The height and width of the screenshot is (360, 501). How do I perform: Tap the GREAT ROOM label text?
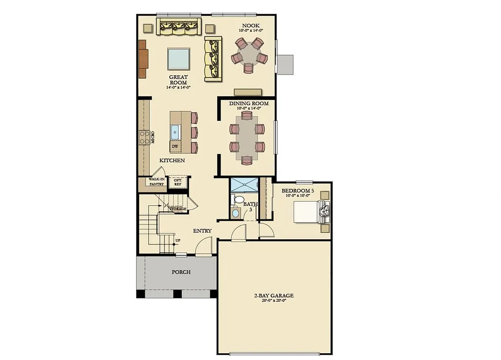coord(178,80)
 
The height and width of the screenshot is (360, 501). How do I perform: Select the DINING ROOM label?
coord(249,104)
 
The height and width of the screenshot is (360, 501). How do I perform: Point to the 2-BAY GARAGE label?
coord(273,295)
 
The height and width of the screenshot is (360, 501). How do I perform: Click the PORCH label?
coord(181,272)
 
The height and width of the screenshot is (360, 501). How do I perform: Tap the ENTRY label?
coord(202,231)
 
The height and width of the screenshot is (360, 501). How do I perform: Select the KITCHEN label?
coord(172,160)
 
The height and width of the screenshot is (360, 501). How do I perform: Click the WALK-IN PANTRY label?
coord(157,181)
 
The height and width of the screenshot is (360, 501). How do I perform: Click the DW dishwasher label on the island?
coord(175,146)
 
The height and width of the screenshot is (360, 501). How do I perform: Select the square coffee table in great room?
coord(179,59)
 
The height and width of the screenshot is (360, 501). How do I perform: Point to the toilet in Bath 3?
coord(238,200)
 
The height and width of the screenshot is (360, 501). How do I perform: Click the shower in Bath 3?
coord(244,184)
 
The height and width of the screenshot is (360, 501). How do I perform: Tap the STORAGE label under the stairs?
coord(178,209)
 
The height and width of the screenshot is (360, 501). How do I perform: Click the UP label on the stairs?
coord(178,240)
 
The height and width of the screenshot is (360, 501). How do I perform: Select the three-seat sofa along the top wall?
coord(179,27)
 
